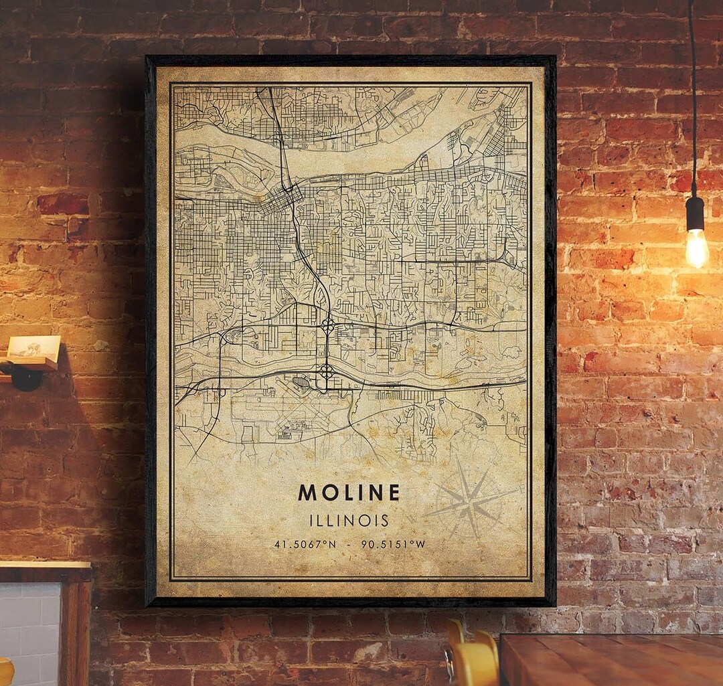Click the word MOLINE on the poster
[x=349, y=493]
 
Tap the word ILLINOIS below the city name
[x=349, y=520]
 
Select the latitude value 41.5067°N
[x=305, y=544]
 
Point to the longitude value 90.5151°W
[x=393, y=544]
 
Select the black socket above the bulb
[x=695, y=213]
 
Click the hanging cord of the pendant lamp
[x=692, y=100]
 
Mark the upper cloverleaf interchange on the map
[x=328, y=326]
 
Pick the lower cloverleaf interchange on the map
[x=326, y=370]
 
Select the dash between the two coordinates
[x=349, y=544]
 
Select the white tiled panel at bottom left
[x=30, y=629]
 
